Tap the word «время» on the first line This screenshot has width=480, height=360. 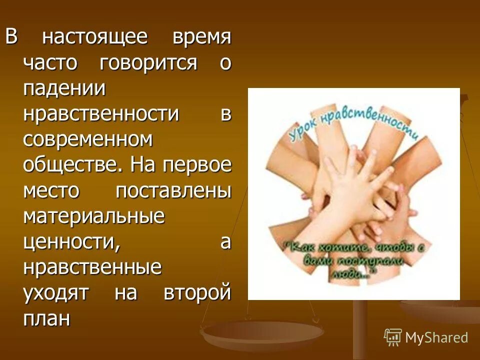[202, 37]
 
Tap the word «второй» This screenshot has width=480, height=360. [197, 293]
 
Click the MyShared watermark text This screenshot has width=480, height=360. [436, 338]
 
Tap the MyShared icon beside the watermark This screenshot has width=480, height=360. [393, 337]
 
